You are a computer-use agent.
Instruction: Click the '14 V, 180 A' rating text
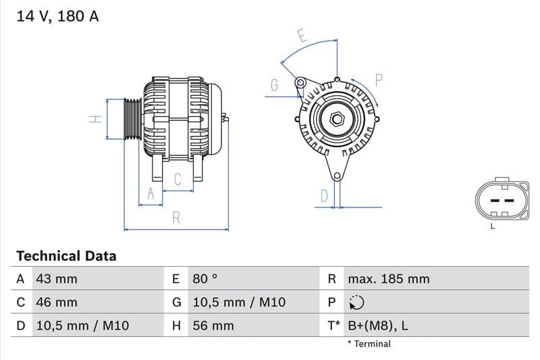coord(57,17)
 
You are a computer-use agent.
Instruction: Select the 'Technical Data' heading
coord(66,256)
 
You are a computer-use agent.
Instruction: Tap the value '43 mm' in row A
coord(57,279)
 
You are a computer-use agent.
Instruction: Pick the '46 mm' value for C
coord(57,303)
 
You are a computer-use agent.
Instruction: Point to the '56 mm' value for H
coord(213,326)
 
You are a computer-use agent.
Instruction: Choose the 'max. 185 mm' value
coord(388,279)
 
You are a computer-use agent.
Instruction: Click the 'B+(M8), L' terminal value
coord(377,326)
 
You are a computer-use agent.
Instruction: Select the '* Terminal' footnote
coord(369,344)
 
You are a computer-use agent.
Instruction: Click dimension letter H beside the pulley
coord(96,119)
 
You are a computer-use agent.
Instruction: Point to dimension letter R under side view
coord(176,217)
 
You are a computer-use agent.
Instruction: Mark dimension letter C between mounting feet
coord(178,180)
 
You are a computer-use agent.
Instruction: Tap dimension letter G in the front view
coord(275,85)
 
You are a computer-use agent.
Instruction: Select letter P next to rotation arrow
coord(379,80)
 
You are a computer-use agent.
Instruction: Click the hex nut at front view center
coord(336,120)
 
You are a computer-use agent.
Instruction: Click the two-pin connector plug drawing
coord(500,201)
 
